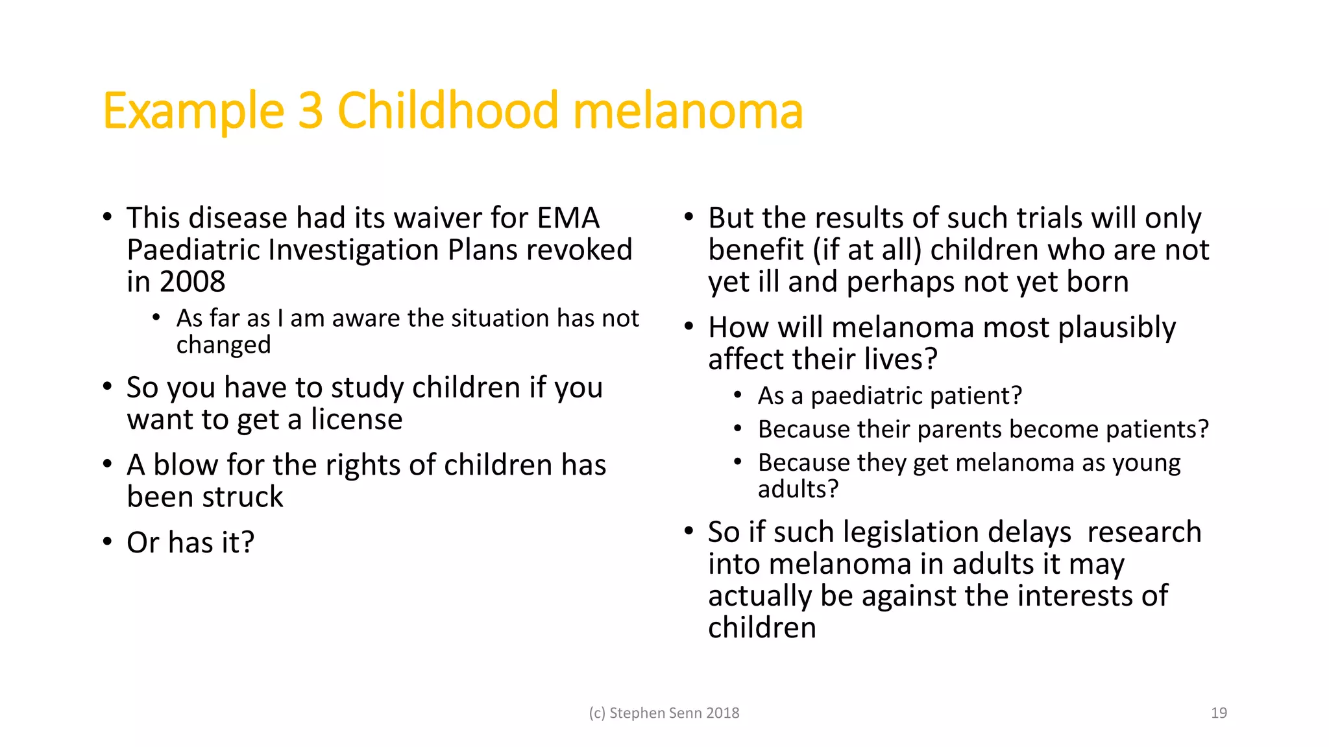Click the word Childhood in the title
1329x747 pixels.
(x=448, y=110)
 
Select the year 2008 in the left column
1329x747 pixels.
(x=192, y=282)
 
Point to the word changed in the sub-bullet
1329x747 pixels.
(x=223, y=345)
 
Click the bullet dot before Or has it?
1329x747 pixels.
(x=108, y=541)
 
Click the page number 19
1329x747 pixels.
(x=1219, y=713)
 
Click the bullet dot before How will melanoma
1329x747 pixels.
(x=689, y=326)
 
